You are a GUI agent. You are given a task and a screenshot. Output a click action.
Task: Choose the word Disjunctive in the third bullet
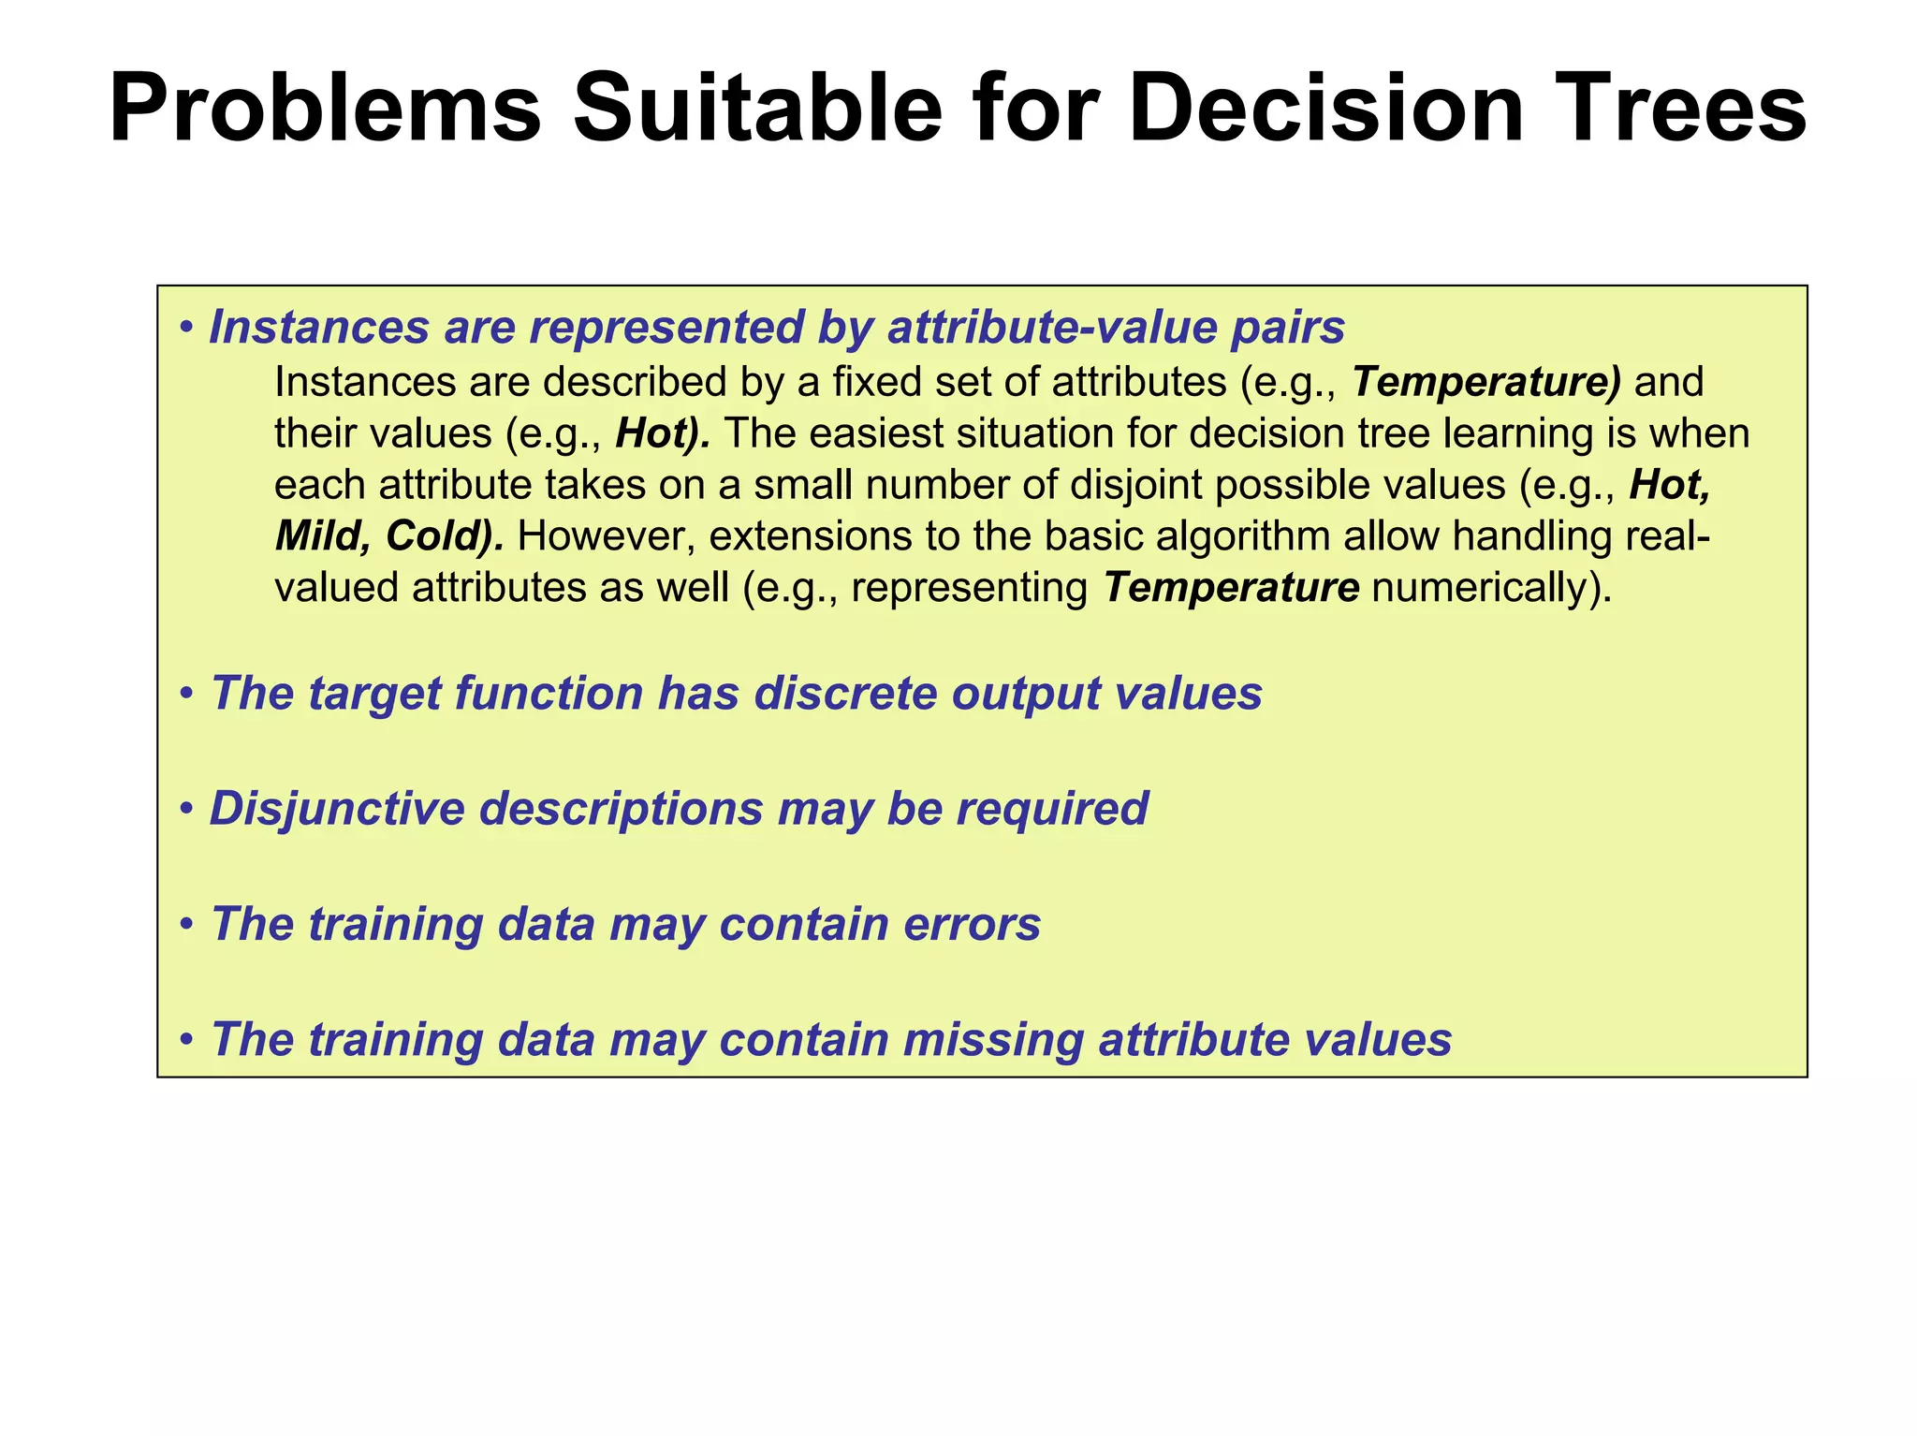tap(336, 809)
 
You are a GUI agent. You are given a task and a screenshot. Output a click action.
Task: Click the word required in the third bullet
tap(1052, 809)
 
